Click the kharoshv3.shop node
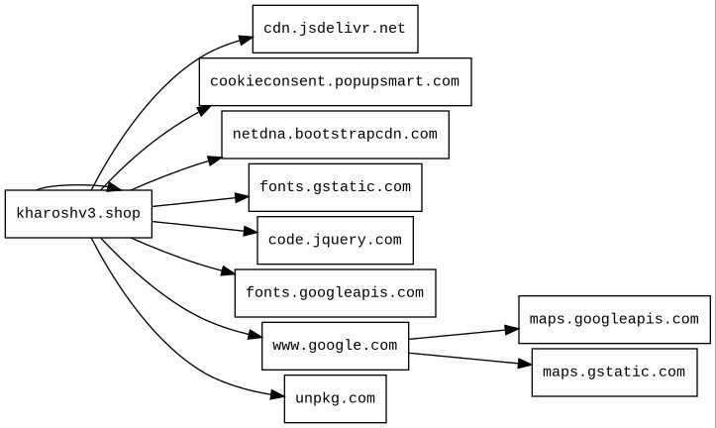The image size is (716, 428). point(78,214)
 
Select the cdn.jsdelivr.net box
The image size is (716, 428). point(335,29)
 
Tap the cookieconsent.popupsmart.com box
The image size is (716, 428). point(335,82)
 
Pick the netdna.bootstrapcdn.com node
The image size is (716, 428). point(335,135)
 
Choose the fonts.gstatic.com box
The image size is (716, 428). point(335,187)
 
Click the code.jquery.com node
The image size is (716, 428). point(335,241)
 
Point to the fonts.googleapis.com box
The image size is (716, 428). point(335,293)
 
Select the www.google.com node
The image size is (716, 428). point(335,346)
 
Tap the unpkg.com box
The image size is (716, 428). point(335,398)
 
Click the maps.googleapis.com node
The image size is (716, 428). point(614,319)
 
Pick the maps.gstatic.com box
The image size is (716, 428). point(614,373)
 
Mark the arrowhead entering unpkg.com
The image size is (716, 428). point(277,395)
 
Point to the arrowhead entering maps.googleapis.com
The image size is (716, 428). point(511,329)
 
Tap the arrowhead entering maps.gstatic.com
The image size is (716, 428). point(525,364)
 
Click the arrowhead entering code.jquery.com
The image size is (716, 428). point(251,232)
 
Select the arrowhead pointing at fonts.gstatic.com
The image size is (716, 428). point(242,197)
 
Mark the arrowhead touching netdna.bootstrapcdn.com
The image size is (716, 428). point(215,160)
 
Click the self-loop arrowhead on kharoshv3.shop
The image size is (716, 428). point(114,186)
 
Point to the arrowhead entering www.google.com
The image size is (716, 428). point(255,335)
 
